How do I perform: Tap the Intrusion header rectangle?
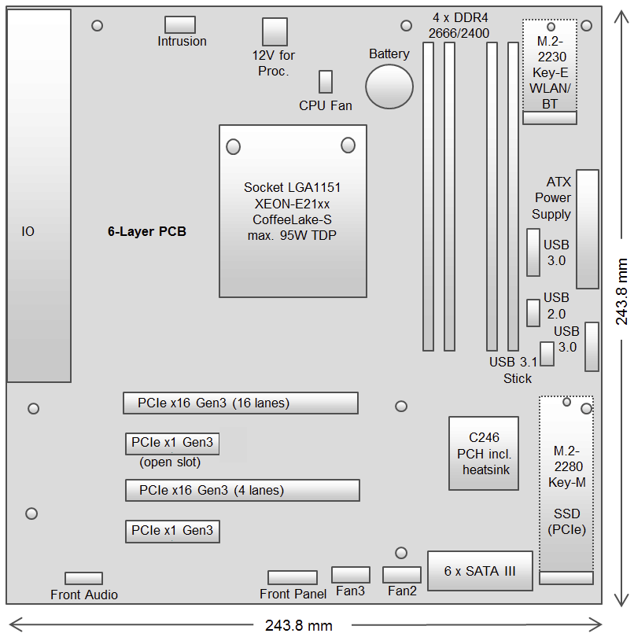point(181,24)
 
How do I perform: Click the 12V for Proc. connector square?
point(275,31)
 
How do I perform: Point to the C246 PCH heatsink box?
point(484,453)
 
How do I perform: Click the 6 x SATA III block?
point(480,571)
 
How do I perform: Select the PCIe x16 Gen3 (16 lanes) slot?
point(240,403)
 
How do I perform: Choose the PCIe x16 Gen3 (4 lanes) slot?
point(242,490)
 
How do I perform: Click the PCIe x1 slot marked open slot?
point(172,443)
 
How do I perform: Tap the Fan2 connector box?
point(402,575)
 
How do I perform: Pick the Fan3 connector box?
point(351,575)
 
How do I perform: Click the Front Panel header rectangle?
point(292,578)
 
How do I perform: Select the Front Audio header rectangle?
point(83,579)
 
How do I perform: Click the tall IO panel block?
point(39,197)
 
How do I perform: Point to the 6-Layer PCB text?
point(147,232)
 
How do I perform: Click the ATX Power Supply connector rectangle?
point(587,229)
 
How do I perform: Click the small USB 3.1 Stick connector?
point(547,354)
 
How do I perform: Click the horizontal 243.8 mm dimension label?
point(298,626)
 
